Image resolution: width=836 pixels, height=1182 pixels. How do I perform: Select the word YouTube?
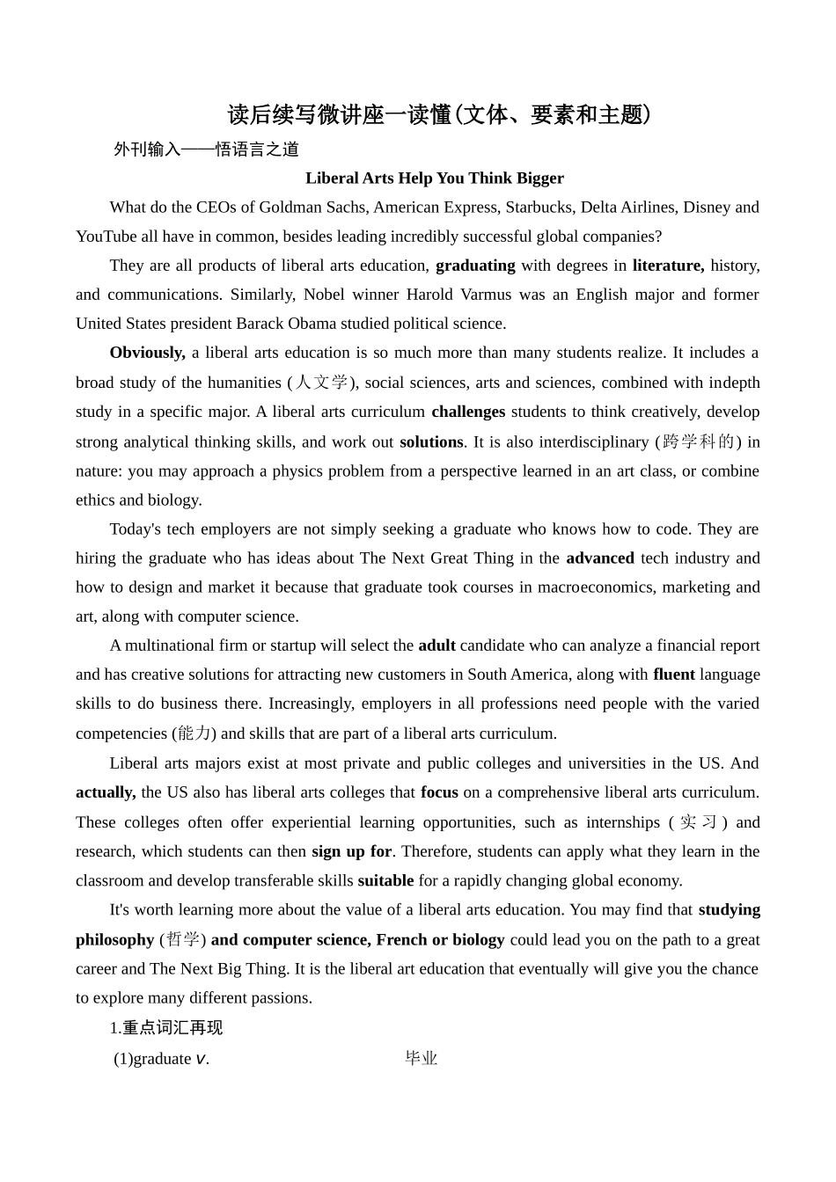point(106,237)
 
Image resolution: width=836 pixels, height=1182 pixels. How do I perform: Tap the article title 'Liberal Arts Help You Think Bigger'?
point(435,179)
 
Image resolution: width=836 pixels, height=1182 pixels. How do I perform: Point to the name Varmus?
point(483,295)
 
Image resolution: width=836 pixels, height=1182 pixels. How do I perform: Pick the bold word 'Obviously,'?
point(147,353)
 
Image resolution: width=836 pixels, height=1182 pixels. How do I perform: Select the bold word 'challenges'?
point(468,412)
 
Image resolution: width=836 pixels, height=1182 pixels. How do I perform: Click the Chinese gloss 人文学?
point(321,383)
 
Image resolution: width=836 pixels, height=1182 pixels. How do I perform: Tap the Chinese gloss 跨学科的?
point(698,441)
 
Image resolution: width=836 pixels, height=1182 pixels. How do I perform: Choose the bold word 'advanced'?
point(600,558)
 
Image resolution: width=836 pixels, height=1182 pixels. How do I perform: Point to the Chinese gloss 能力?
point(194,733)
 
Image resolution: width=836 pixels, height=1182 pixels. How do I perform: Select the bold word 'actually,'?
point(106,792)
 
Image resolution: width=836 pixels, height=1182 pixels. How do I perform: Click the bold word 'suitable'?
point(385,880)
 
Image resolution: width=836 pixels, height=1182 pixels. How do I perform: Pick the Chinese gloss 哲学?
point(183,939)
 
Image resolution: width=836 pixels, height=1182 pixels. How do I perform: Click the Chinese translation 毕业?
point(421,1059)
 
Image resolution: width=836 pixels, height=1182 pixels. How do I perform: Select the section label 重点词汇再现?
point(172,1028)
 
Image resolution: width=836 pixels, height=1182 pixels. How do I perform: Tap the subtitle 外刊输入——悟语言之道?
point(207,150)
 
